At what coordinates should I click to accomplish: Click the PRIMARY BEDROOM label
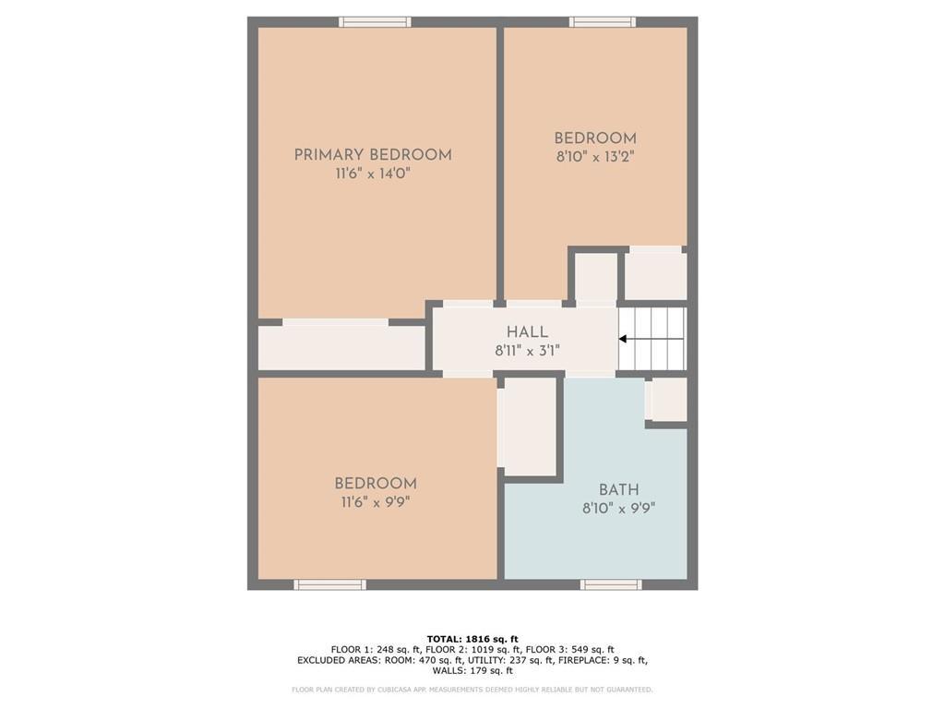click(x=373, y=155)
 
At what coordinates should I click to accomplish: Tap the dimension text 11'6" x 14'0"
click(x=373, y=174)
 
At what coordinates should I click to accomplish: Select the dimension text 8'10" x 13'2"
click(x=594, y=157)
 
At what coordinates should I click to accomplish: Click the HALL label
click(x=527, y=332)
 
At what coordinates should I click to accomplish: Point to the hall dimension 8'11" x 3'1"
click(x=527, y=351)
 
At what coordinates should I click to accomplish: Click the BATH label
click(x=618, y=490)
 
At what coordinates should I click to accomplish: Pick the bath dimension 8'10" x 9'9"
click(x=618, y=508)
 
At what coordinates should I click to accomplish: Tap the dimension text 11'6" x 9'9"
click(x=375, y=502)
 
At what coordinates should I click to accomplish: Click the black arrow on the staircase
click(x=623, y=339)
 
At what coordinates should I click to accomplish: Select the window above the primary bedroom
click(x=375, y=22)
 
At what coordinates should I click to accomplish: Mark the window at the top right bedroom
click(x=602, y=22)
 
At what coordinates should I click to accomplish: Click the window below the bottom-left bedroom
click(x=329, y=584)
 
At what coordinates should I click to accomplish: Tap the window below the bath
click(x=611, y=584)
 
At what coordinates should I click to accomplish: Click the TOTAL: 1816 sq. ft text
click(x=472, y=639)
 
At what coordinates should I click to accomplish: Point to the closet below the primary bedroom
click(x=341, y=347)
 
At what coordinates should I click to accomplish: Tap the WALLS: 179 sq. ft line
click(x=472, y=671)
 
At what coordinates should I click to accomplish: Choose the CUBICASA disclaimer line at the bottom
click(x=472, y=690)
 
